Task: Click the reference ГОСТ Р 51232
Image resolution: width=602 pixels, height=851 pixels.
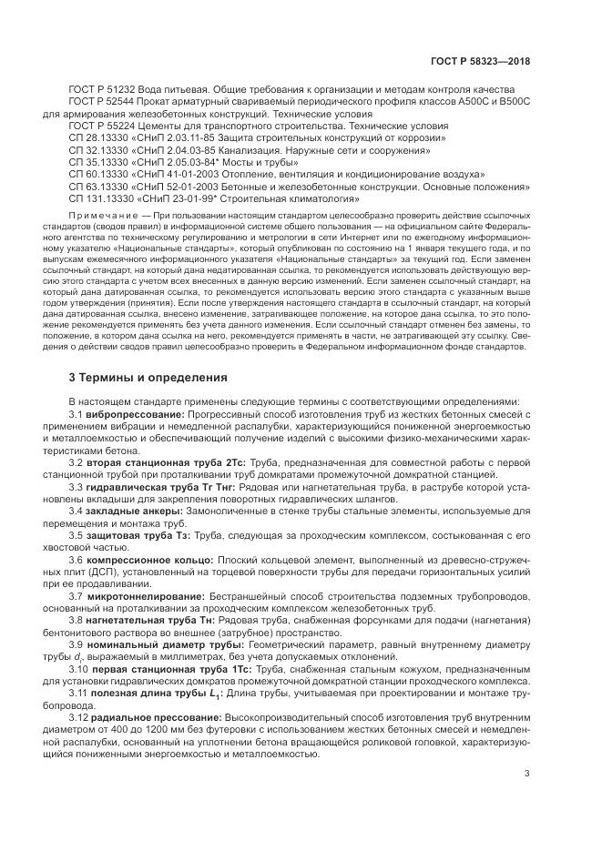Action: [x=102, y=89]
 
